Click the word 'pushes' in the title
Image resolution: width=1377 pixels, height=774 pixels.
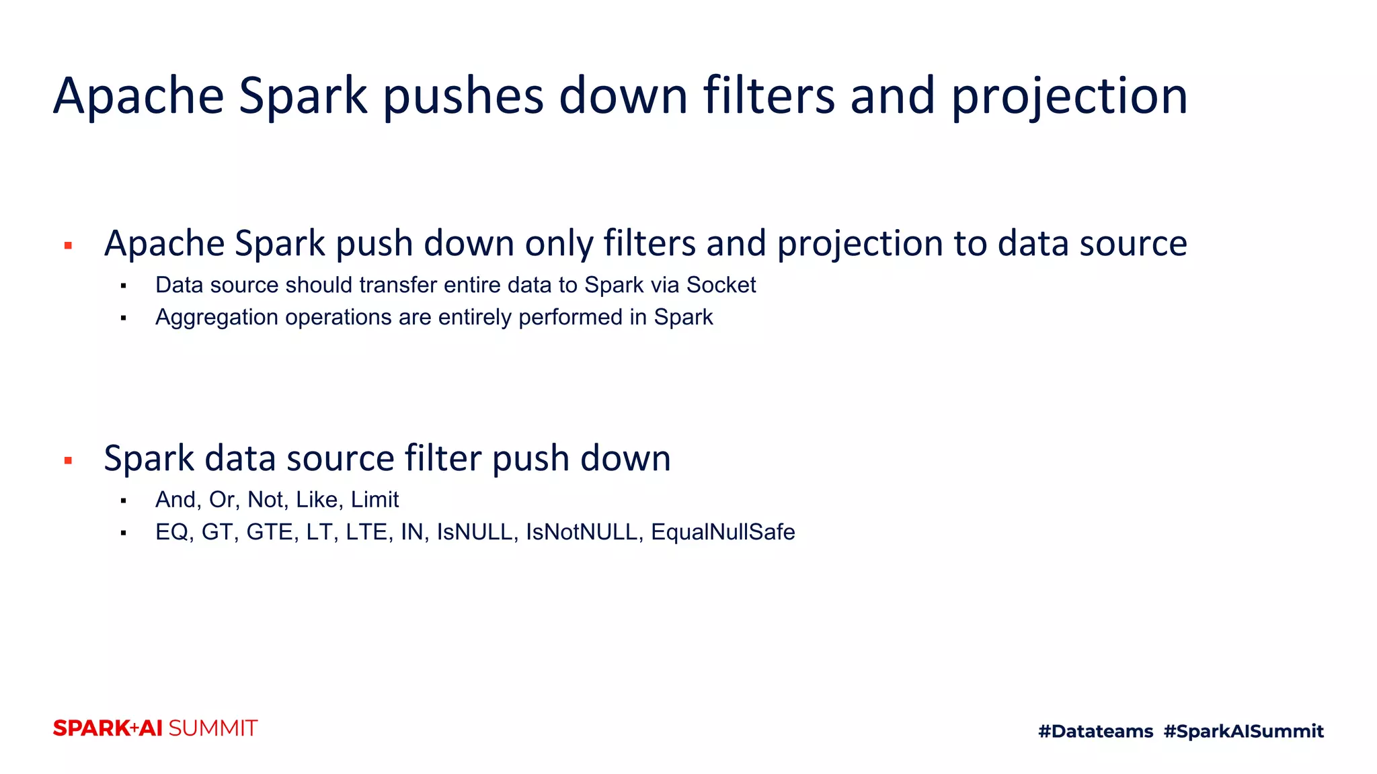[x=463, y=96]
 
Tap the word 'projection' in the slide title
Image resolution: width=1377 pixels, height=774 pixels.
[x=1069, y=96]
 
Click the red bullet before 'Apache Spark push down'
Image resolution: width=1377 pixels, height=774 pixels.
[x=68, y=246]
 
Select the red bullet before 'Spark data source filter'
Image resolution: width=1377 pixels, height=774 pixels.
[x=68, y=461]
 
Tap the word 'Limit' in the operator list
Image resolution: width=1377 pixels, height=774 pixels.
[x=375, y=500]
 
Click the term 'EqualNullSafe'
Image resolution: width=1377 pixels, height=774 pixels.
[x=723, y=532]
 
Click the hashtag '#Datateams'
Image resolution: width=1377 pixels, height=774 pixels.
[x=1095, y=731]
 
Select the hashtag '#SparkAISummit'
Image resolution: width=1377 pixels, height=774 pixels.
[x=1243, y=731]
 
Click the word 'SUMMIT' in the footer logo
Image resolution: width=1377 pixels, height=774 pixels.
[x=212, y=728]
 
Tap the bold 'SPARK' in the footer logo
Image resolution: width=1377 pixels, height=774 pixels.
[x=91, y=728]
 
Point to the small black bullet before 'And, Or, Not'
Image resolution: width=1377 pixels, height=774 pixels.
[x=124, y=501]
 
